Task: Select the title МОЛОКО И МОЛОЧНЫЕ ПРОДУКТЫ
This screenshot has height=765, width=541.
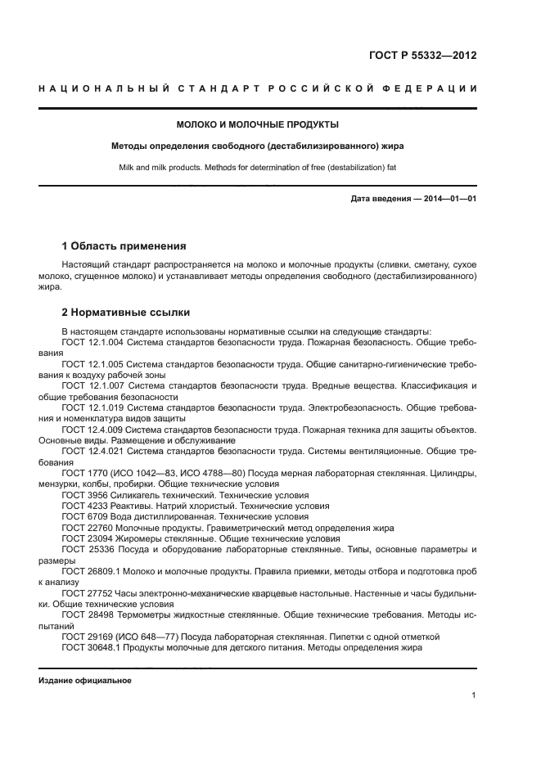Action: (258, 125)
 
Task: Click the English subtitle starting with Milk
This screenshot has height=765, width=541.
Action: (258, 168)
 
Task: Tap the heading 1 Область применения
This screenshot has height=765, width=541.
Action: (124, 245)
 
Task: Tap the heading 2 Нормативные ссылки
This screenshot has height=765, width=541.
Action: (125, 312)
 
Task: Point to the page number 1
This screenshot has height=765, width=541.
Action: (474, 695)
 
